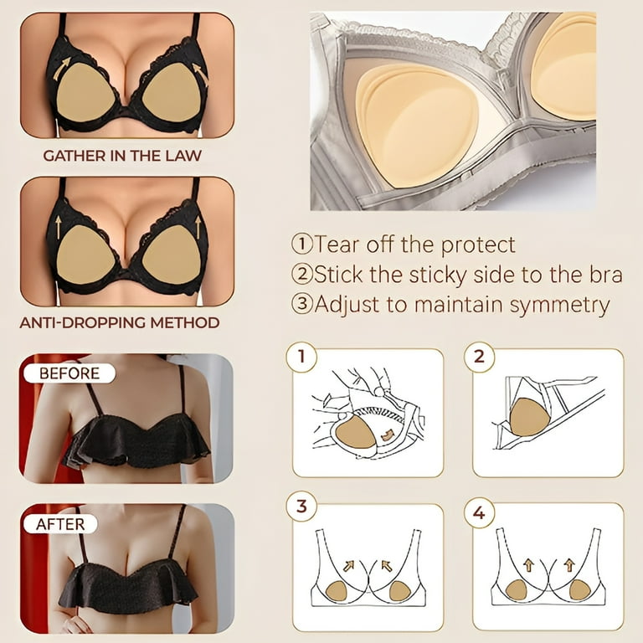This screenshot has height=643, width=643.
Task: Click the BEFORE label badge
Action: point(69,373)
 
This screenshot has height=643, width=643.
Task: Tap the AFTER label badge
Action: point(60,524)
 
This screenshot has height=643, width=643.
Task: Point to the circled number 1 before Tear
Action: point(301,244)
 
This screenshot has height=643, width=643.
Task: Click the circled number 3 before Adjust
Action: point(301,304)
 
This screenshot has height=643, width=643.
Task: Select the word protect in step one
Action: point(478,244)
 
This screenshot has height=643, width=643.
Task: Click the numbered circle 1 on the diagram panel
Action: point(301,357)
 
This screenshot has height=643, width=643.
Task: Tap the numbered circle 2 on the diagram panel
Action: point(480,357)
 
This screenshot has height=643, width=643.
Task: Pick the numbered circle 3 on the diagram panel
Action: point(301,506)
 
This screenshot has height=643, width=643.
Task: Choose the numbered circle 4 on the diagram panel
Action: point(480,512)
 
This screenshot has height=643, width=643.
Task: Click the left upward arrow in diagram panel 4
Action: point(528,565)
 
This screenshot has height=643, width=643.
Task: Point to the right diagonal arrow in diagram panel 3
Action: point(386,566)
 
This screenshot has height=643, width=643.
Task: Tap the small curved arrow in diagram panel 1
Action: point(387,435)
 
